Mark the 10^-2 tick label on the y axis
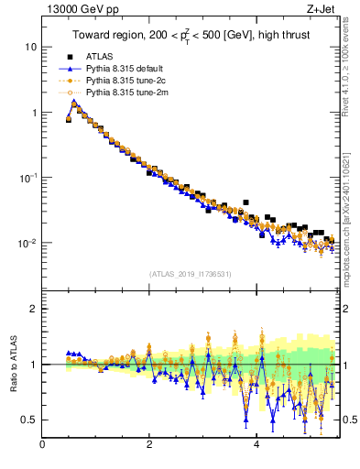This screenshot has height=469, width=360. point(27,244)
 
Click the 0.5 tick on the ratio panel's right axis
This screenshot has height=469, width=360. point(348,420)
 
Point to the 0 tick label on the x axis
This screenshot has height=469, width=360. point(42,446)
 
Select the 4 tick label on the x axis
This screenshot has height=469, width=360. point(256,446)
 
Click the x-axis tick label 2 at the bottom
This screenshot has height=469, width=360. point(149,446)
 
